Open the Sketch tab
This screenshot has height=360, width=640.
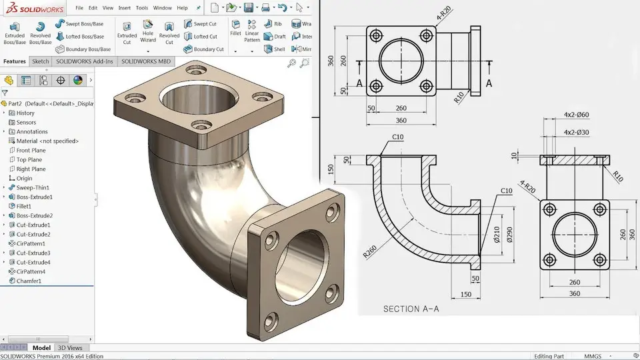pyautogui.click(x=41, y=61)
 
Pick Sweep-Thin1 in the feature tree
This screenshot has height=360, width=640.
pyautogui.click(x=34, y=188)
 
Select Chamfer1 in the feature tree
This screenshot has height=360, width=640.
pyautogui.click(x=29, y=281)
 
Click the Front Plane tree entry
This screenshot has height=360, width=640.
pyautogui.click(x=31, y=151)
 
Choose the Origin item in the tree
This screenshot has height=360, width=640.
pyautogui.click(x=24, y=179)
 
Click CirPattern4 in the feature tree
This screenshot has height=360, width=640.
pyautogui.click(x=31, y=272)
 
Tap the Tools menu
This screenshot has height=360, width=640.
pyautogui.click(x=142, y=8)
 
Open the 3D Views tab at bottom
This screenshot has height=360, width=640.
pyautogui.click(x=70, y=348)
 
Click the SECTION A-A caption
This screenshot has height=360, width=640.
pyautogui.click(x=411, y=309)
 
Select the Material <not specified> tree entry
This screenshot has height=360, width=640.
pyautogui.click(x=47, y=141)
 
